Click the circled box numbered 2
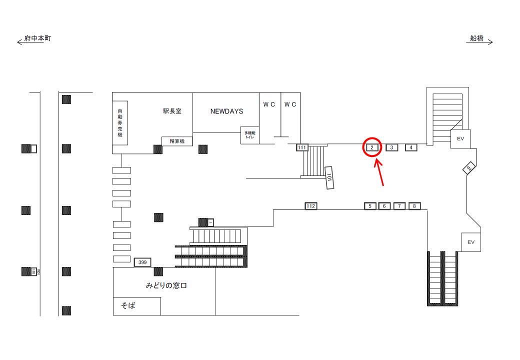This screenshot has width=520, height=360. click(x=372, y=147)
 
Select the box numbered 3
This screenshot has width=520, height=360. click(x=392, y=147)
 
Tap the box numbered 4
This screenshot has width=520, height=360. click(x=411, y=147)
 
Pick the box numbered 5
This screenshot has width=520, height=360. click(x=370, y=206)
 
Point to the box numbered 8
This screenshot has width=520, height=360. click(x=414, y=206)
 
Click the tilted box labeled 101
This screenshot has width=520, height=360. click(x=329, y=177)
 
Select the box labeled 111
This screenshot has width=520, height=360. click(x=301, y=147)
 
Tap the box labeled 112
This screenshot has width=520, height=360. click(x=311, y=206)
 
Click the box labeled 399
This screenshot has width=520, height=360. click(x=142, y=262)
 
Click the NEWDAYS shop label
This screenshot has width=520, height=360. click(x=226, y=111)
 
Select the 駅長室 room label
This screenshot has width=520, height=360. click(x=172, y=111)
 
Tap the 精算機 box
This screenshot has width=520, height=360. click(x=177, y=141)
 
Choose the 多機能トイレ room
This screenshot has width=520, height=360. click(x=249, y=135)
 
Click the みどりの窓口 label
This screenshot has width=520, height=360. click(x=166, y=286)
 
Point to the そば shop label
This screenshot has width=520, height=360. click(x=128, y=305)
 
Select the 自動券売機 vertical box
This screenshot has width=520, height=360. click(x=120, y=123)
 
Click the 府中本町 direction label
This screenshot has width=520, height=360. click(x=37, y=38)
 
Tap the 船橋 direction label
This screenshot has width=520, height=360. click(x=477, y=38)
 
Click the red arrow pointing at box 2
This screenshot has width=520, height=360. click(x=380, y=172)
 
